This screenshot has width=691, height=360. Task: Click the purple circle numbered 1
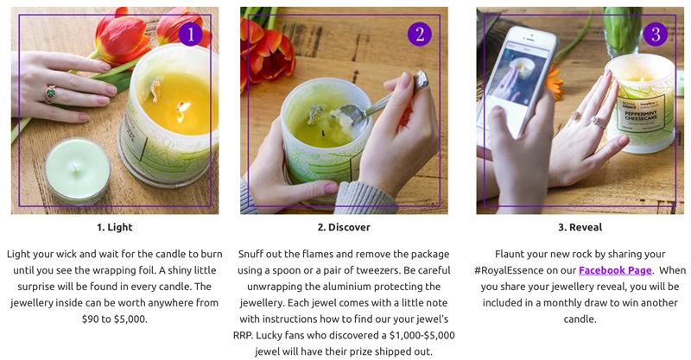coord(190,35)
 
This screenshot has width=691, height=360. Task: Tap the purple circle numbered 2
coord(420,35)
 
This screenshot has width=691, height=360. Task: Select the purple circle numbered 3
coord(656,35)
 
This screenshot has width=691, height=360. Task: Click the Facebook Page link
coord(615,270)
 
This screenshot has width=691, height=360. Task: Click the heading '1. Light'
coord(115,227)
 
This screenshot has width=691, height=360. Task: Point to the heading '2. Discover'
coord(344,227)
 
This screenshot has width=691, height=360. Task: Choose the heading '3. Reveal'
coord(580,227)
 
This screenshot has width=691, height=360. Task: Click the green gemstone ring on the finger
coord(50,93)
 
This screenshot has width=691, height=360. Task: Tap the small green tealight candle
coord(78,170)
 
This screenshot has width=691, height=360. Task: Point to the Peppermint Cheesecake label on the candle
coord(640,114)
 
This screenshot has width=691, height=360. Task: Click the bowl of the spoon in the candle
coord(347,116)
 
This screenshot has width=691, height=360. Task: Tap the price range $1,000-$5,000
coord(422,335)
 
